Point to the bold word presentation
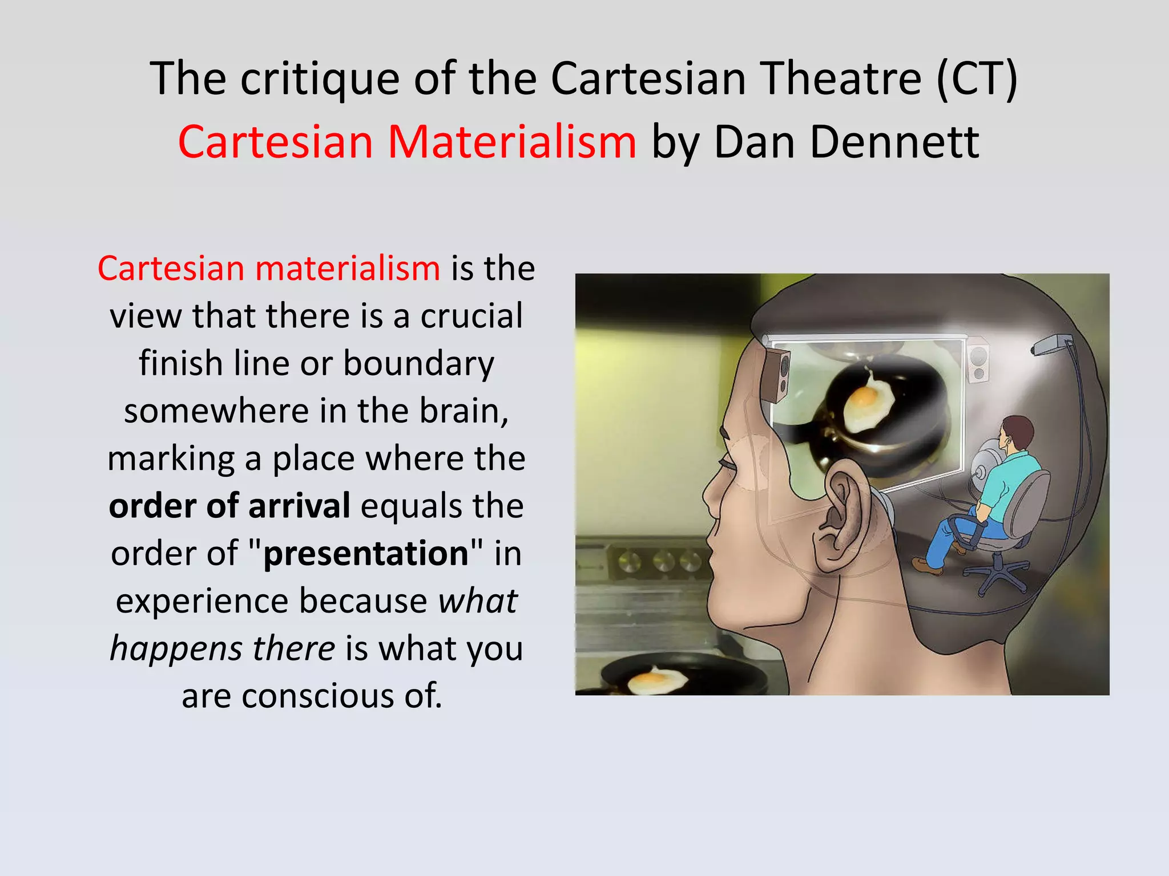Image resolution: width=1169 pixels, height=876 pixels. (x=366, y=553)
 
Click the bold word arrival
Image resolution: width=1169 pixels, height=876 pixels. (x=299, y=506)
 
